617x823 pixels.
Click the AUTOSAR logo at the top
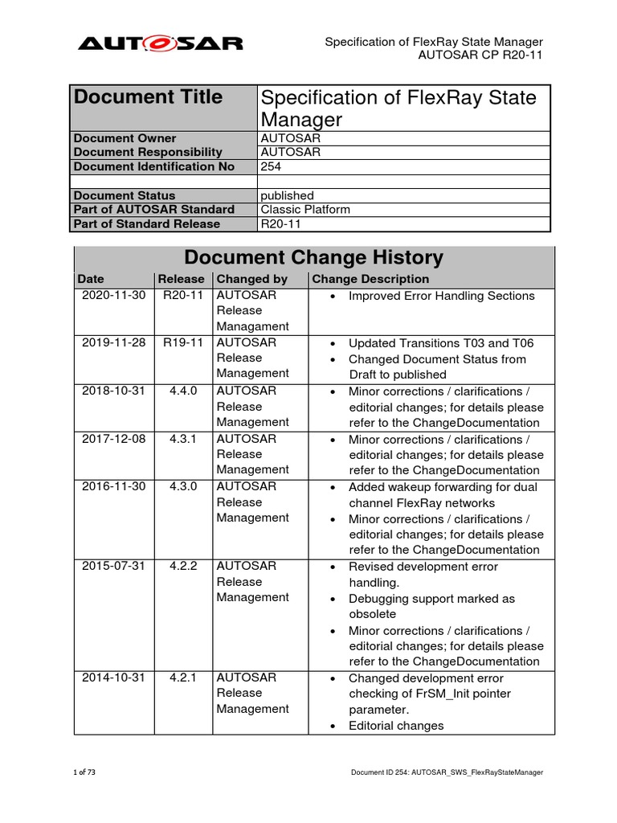pos(160,43)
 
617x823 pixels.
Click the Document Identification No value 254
pos(272,166)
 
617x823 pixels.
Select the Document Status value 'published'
pos(287,195)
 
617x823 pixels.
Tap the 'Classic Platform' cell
pos(305,210)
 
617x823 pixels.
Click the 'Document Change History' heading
pos(313,258)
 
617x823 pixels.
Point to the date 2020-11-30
pos(113,295)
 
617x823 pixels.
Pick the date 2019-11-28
pos(113,342)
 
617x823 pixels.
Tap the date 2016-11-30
pos(113,486)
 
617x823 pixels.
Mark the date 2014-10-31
pos(113,678)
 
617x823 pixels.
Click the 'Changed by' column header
pos(252,279)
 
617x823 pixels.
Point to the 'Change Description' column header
pos(370,279)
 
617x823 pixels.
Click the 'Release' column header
pos(181,279)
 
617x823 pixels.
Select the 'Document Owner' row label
pos(125,138)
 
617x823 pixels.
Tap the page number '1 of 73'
pos(84,772)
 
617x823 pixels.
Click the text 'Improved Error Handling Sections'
pos(441,296)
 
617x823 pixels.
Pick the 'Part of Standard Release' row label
pos(153,223)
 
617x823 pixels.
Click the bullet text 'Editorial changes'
pos(396,726)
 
